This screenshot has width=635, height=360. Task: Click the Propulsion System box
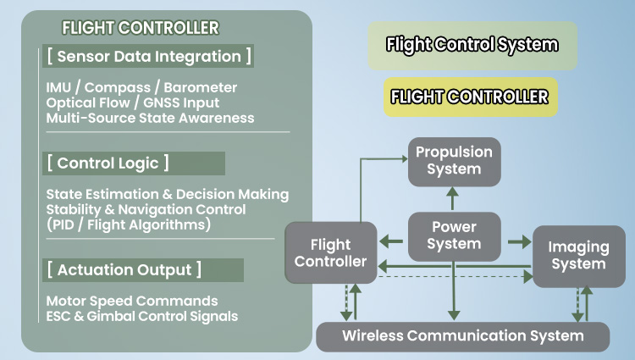click(x=454, y=161)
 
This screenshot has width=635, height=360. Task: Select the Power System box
click(x=454, y=235)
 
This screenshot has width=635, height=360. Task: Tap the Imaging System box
click(x=578, y=256)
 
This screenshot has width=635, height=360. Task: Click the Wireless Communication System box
click(x=462, y=335)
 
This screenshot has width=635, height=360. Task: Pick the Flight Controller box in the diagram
click(x=330, y=252)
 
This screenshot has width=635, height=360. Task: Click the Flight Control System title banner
click(x=472, y=45)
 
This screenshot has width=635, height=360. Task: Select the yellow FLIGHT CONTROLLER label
click(x=469, y=97)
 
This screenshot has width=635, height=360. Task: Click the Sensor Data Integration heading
click(x=149, y=57)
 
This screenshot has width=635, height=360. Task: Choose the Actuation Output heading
click(x=124, y=270)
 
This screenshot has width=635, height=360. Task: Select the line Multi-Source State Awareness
click(x=150, y=118)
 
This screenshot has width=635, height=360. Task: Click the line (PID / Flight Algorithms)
click(x=129, y=224)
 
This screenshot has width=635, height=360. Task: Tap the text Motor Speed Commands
click(x=132, y=301)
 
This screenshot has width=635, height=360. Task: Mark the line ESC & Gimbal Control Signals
click(x=142, y=316)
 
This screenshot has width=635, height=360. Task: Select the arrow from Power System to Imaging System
click(x=516, y=242)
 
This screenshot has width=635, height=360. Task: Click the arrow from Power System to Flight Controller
click(x=391, y=242)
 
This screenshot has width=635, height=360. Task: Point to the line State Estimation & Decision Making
click(x=167, y=194)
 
